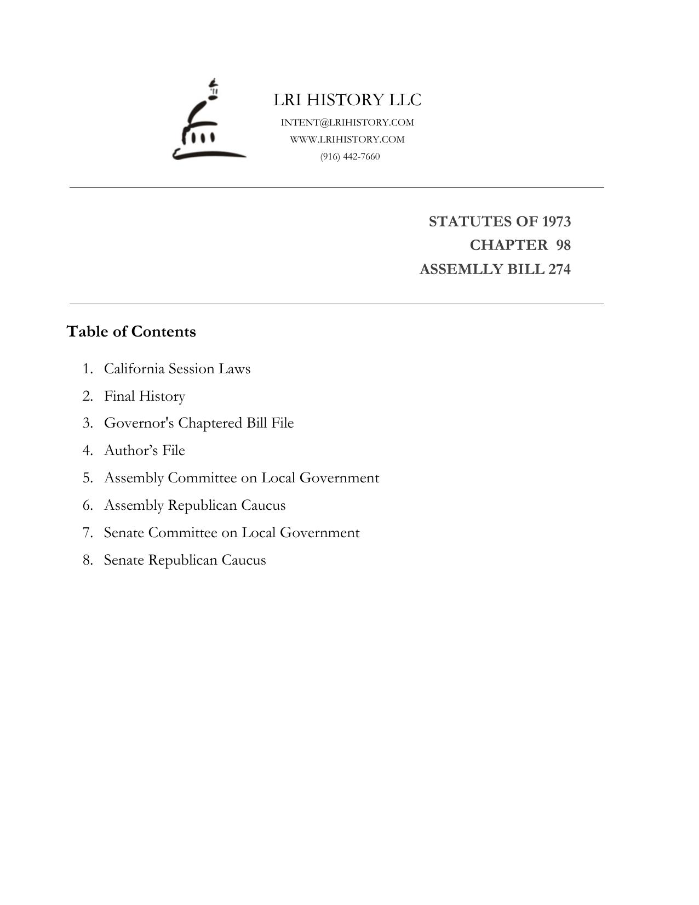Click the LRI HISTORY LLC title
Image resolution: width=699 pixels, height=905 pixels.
pos(347,100)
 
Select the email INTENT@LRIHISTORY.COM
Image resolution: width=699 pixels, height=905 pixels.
pos(347,122)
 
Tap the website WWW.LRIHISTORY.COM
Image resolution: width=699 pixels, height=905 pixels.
pos(347,139)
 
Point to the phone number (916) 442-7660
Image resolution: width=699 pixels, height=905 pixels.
pos(350,156)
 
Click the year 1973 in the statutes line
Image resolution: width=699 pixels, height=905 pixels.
pos(556,221)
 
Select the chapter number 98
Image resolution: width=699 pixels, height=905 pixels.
pos(564,245)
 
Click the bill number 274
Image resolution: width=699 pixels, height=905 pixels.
pos(559,269)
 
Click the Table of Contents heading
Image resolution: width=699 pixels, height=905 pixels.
pos(131,332)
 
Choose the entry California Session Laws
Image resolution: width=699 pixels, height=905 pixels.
pos(177,368)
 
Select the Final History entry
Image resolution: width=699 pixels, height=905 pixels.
pos(145,396)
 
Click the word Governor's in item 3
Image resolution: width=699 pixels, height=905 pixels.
pos(139,423)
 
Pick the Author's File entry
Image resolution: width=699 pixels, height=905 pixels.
pos(145,450)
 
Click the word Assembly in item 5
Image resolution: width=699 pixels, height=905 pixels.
pos(134,478)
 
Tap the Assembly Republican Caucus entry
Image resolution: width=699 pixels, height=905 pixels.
pos(194,505)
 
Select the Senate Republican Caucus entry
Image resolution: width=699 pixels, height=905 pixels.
pos(185,560)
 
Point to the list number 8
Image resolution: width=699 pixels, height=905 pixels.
pos(88,560)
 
